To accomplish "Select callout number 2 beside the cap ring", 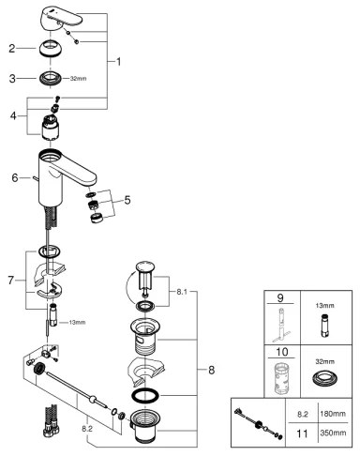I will tap(11, 47).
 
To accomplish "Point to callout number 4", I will tap(11, 115).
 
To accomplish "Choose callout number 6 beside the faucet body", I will tap(13, 176).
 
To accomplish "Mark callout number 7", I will tap(11, 281).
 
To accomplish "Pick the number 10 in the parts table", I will tap(278, 356).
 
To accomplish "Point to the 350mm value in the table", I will tap(327, 433).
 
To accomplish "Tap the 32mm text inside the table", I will tap(326, 361).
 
